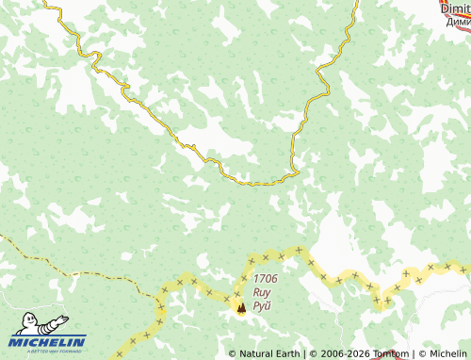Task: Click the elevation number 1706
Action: [266, 279]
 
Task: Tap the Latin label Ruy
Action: [263, 292]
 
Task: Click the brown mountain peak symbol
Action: [240, 306]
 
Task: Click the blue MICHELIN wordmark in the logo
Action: [49, 341]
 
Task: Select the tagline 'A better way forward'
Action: [49, 351]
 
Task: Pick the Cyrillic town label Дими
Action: [458, 21]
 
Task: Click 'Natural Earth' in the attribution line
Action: [270, 354]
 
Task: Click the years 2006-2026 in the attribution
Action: [341, 354]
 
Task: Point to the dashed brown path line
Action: [75, 271]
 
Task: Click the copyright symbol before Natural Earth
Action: [233, 354]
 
